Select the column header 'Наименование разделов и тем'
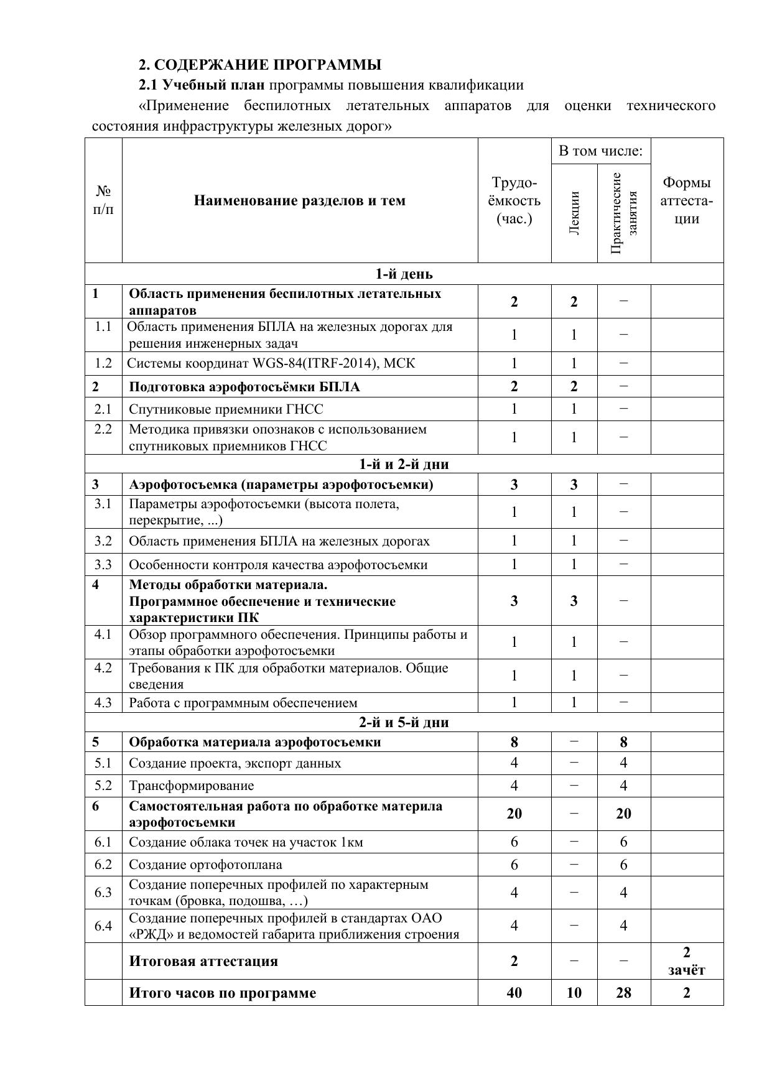(299, 200)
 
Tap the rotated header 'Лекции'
(574, 213)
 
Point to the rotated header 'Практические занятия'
(624, 213)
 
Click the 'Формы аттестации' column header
(687, 200)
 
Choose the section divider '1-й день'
(404, 274)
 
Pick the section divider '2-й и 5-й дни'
(404, 722)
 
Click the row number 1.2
(103, 363)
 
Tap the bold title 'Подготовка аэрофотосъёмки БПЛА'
(244, 387)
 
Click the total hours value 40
(514, 993)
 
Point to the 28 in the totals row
(623, 993)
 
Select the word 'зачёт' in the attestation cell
(687, 970)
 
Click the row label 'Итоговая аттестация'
(203, 961)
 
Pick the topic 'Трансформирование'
(191, 786)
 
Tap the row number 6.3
(103, 893)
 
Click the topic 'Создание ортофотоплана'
(205, 865)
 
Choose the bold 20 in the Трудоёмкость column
(514, 814)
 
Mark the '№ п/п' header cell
(103, 200)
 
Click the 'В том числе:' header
(600, 151)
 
